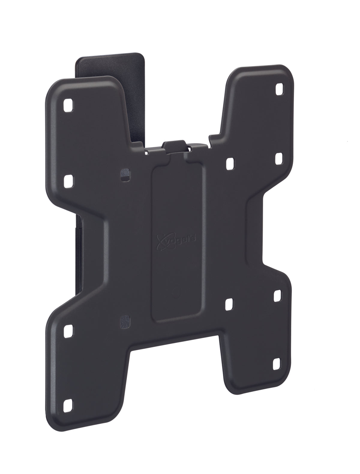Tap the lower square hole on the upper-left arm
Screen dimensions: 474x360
click(x=68, y=180)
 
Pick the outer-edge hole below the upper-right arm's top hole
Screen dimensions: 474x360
click(x=279, y=157)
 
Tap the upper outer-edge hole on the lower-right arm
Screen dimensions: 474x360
click(x=278, y=296)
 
